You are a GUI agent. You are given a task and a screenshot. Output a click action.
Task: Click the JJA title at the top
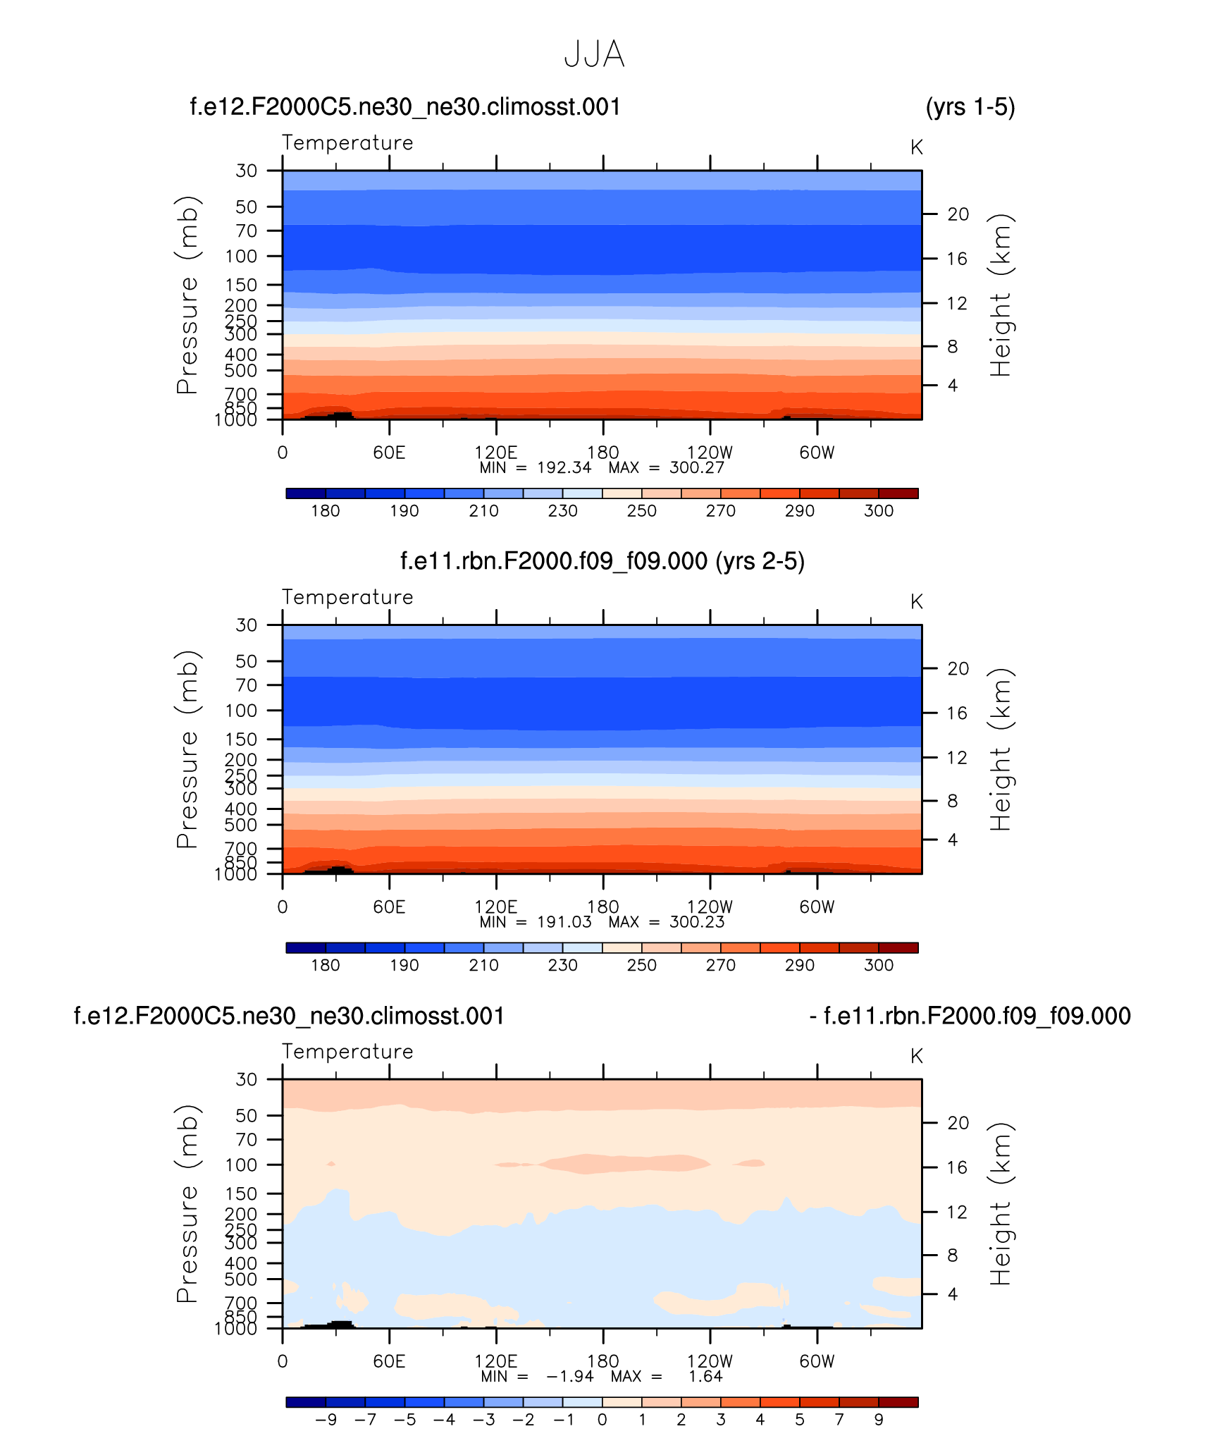594,55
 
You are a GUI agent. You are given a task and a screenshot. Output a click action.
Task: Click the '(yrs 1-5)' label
970,107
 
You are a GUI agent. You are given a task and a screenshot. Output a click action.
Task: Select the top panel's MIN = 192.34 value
564,468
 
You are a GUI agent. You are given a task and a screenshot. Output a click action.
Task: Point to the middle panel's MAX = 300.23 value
696,922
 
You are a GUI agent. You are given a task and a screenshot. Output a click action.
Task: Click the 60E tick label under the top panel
389,453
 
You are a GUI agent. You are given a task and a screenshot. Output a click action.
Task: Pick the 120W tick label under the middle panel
710,907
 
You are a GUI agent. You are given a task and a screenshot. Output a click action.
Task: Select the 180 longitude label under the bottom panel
602,1361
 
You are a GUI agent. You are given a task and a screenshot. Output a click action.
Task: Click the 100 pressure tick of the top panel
241,257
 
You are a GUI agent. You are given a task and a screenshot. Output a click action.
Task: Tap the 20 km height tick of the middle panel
958,668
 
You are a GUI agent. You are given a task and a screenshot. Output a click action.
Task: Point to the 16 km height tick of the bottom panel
956,1167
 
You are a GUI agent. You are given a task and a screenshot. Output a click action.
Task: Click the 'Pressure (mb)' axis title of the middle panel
187,749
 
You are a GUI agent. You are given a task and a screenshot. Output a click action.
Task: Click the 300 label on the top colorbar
878,511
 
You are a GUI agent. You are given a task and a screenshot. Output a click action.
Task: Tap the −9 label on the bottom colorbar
326,1420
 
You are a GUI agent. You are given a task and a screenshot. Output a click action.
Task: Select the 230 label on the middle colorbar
562,965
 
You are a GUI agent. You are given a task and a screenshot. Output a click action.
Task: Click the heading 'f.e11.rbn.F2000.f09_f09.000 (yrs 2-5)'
602,561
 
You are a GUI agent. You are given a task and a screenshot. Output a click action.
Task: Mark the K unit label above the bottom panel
916,1056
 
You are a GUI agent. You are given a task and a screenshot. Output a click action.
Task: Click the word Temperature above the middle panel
347,597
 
